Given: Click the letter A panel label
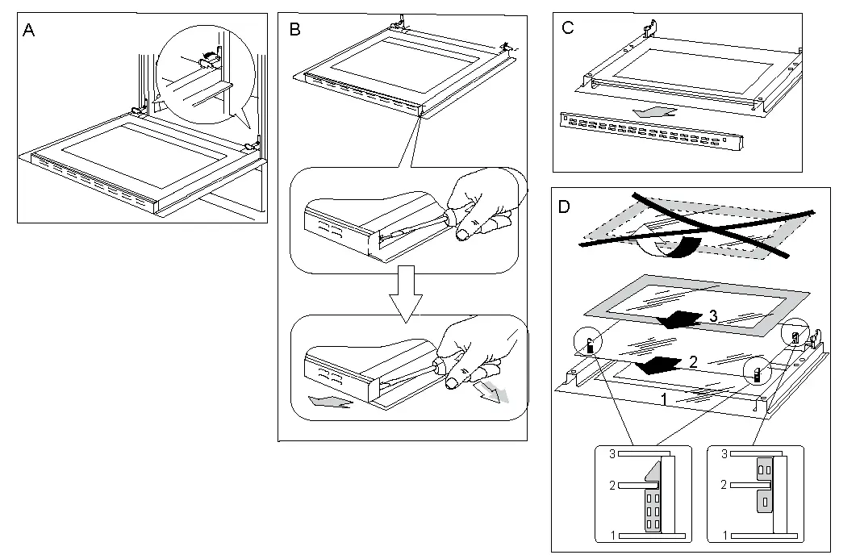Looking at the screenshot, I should [28, 31].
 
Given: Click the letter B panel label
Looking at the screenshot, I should [294, 30].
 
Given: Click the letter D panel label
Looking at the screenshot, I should [565, 206].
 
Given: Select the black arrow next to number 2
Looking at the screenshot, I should [664, 365].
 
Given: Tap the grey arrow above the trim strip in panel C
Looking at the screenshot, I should [654, 111].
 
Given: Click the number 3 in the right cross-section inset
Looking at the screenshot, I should [724, 455].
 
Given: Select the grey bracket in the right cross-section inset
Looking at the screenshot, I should [763, 484].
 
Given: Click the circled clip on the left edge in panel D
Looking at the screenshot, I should [589, 344].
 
